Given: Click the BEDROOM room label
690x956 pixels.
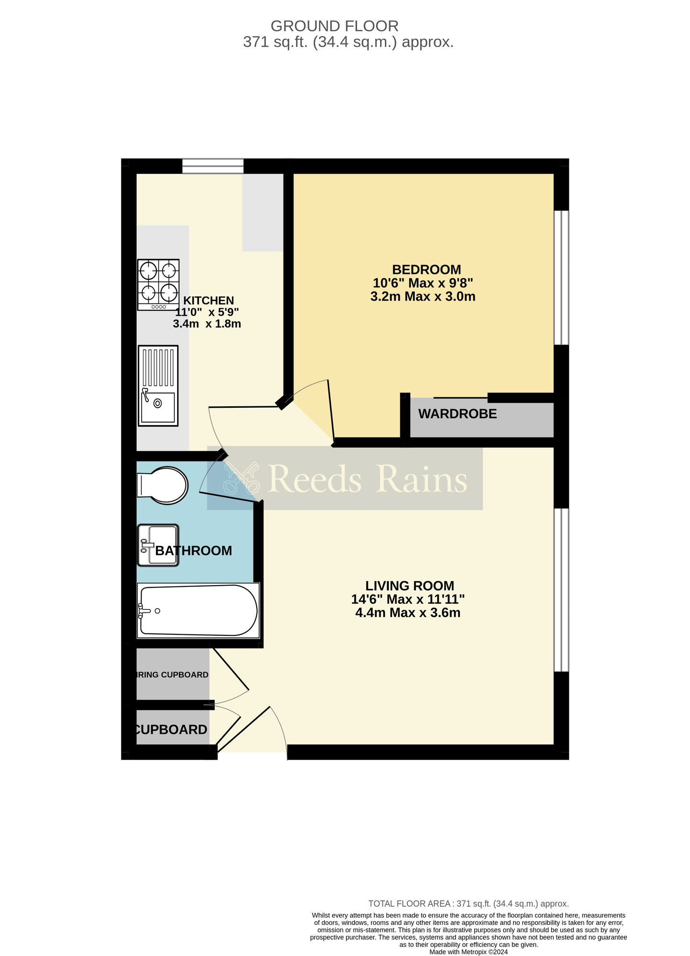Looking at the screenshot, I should coord(426,270).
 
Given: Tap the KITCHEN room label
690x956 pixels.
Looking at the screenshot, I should coord(208,301).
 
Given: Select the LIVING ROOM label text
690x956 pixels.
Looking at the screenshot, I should coord(409,586).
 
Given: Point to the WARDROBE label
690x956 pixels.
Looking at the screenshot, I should coord(458,414).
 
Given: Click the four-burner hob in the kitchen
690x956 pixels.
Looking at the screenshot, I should coord(158,285).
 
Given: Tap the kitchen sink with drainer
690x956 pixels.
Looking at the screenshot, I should coord(158,386).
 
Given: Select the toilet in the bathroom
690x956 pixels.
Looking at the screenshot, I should coord(163,486).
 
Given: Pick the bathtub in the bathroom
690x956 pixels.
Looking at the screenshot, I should coord(198,610).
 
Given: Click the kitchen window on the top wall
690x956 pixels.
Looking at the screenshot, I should coord(213,166).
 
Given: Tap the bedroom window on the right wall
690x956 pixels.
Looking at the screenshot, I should coord(561,277).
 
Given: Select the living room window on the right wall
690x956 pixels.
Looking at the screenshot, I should coord(561,590).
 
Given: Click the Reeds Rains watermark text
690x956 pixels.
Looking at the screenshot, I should coord(367,479).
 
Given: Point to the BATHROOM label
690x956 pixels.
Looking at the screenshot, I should coord(194,551).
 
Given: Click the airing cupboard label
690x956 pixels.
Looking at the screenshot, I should coord(172,675).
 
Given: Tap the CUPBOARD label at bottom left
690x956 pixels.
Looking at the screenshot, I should coord(171,729).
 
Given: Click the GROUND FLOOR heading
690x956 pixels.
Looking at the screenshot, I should coord(334,26).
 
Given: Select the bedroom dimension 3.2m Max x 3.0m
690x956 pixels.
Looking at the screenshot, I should coord(423,296).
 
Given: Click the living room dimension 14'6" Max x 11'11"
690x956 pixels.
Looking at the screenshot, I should coord(408,599).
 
